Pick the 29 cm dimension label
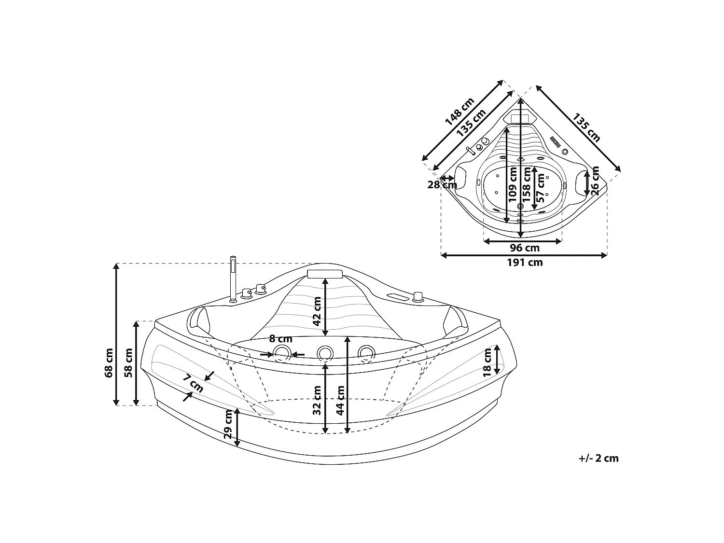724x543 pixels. [x=228, y=424]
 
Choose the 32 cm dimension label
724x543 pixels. [x=317, y=400]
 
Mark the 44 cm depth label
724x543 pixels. [x=340, y=400]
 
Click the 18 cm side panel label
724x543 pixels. [x=487, y=362]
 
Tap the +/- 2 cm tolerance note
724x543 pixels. [x=599, y=458]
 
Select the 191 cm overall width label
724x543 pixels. [x=525, y=263]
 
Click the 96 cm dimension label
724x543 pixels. [x=525, y=248]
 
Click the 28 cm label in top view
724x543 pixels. [x=442, y=184]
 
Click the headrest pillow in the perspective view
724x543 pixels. [x=324, y=274]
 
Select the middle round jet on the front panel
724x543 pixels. [x=325, y=353]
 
